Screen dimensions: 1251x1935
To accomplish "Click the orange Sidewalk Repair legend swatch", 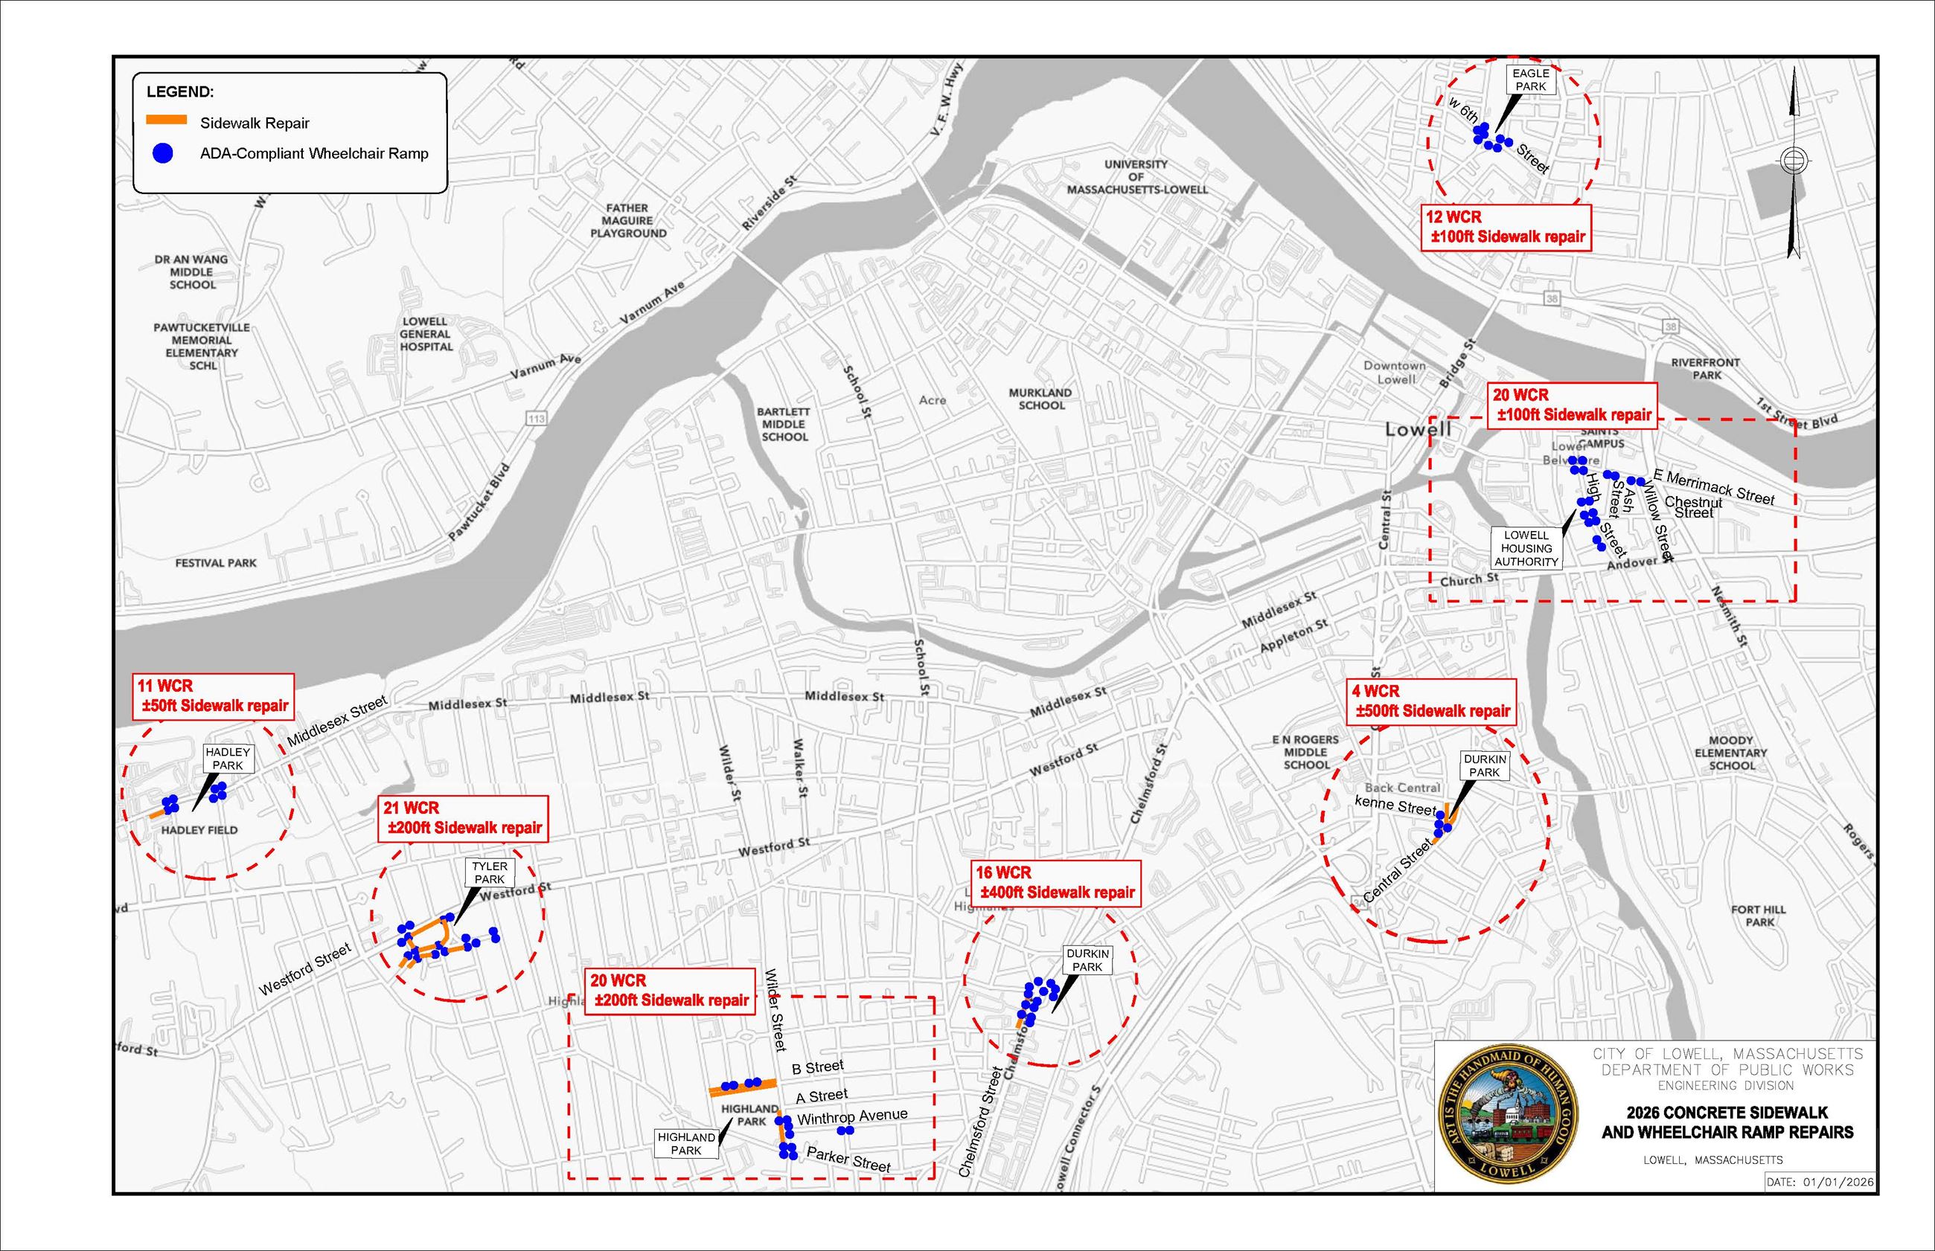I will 167,120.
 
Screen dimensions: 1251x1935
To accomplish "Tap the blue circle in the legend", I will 162,152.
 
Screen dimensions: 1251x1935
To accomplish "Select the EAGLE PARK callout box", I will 1530,80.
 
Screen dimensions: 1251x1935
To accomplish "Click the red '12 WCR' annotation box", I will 1505,228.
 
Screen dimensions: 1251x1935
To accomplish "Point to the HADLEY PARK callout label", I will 228,759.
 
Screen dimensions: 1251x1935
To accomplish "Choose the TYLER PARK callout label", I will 489,872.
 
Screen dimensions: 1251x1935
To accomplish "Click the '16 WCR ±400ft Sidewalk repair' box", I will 1055,882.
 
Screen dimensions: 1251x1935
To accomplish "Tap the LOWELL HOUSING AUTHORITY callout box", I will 1526,548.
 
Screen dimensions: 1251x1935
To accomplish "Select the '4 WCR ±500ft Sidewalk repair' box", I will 1430,701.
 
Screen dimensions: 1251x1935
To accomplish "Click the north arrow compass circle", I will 1794,160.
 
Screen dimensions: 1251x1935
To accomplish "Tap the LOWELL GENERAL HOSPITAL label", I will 425,334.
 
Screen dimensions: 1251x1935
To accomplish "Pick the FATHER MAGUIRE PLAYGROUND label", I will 627,221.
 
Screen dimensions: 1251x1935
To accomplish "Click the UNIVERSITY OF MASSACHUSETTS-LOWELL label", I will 1137,176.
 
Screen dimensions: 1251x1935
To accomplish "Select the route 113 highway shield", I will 537,418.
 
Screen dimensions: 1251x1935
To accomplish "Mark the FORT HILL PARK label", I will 1759,916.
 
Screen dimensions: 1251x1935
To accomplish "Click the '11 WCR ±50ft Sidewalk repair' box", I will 213,696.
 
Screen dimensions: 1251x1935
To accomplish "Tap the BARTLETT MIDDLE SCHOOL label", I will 784,424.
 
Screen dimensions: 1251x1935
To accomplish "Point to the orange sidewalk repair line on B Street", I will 743,1085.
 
